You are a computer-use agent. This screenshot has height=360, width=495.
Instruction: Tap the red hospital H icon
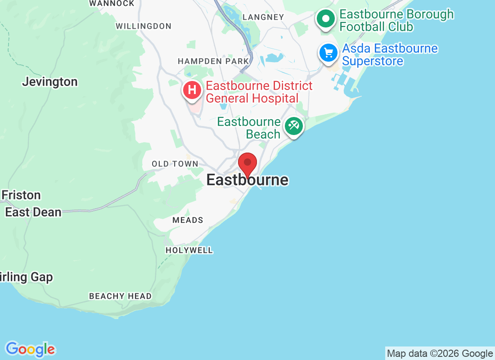tap(192, 90)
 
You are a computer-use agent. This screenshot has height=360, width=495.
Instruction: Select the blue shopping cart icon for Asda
tap(328, 53)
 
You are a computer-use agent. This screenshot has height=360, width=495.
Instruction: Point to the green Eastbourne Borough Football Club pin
tap(326, 19)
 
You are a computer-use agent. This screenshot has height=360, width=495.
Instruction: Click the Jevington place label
tap(49, 82)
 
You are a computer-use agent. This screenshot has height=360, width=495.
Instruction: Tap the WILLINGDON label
tap(143, 26)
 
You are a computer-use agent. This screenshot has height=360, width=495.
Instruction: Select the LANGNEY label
tap(263, 17)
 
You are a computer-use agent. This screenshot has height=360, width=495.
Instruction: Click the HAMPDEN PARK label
tap(213, 61)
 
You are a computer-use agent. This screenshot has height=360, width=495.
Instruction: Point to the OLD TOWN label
tap(175, 164)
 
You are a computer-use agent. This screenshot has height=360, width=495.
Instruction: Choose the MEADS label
tap(188, 220)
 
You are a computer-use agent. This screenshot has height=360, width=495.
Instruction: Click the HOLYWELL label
tap(189, 250)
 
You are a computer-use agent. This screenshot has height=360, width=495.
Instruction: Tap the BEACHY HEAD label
tap(120, 296)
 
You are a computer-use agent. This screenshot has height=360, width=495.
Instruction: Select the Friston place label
tap(21, 195)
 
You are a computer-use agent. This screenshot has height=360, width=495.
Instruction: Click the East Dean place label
tap(33, 212)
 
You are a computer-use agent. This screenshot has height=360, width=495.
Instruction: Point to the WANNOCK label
tap(112, 4)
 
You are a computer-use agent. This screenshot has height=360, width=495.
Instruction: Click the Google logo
tap(30, 349)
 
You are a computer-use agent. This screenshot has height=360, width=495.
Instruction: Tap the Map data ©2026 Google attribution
tap(440, 353)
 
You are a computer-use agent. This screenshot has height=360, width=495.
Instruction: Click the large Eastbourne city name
tap(247, 180)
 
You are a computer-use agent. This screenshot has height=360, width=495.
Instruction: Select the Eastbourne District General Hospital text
tap(259, 92)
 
